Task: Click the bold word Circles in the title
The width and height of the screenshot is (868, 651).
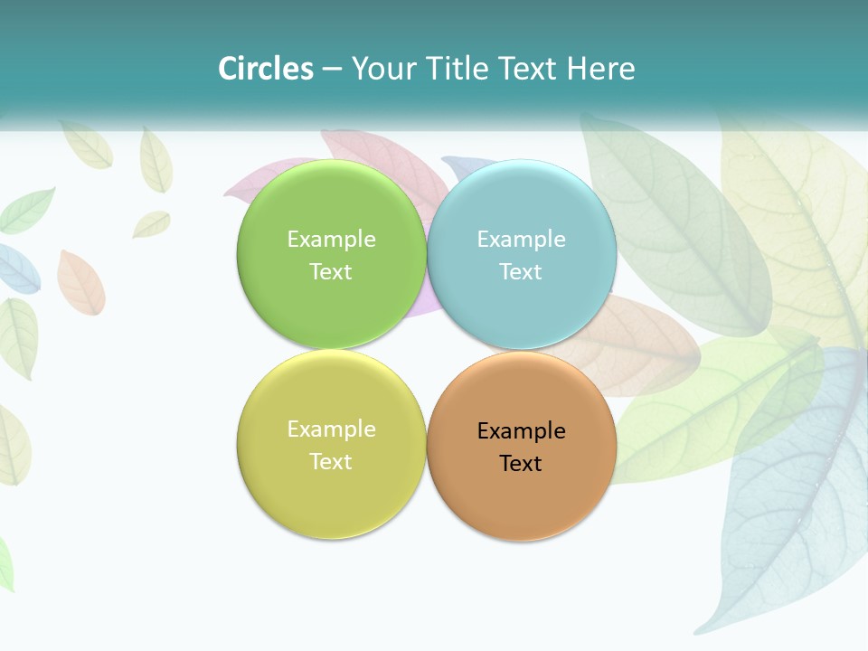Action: coord(265,69)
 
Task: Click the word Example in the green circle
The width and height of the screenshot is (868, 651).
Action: coord(331,240)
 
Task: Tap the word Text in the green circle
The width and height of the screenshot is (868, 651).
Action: coord(331,272)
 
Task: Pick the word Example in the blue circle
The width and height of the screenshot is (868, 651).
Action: coord(521,240)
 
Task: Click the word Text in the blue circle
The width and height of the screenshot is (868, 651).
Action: coord(521,272)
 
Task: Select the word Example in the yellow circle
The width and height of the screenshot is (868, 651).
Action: coord(331,429)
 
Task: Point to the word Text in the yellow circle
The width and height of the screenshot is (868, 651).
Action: coord(331,462)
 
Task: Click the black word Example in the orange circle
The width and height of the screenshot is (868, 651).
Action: coord(521,431)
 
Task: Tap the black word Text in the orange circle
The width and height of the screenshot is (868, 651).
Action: coord(521,464)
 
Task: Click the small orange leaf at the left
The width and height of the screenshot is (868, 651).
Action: coord(80,283)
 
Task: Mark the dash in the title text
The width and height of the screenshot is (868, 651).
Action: coord(332,70)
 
